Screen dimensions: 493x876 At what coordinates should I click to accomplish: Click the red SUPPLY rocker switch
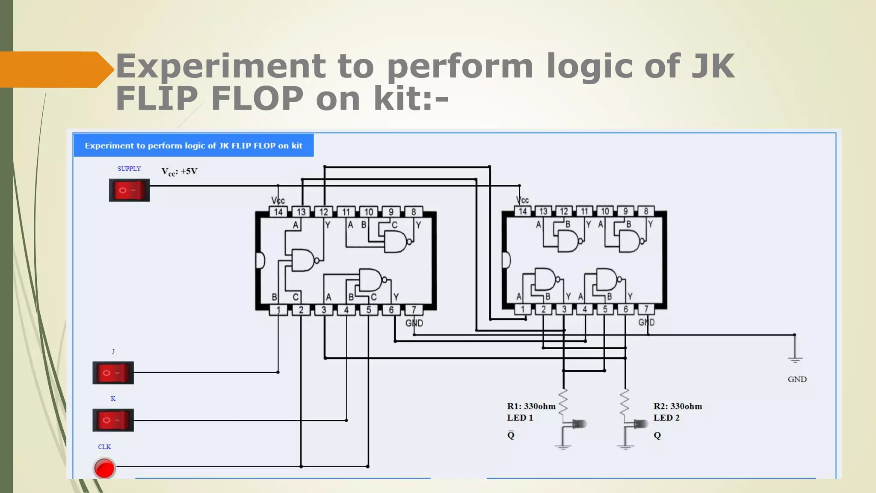point(129,190)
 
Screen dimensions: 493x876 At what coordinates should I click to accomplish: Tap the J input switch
point(113,373)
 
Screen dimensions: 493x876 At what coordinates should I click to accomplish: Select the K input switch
point(113,420)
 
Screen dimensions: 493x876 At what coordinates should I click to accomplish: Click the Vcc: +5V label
point(179,172)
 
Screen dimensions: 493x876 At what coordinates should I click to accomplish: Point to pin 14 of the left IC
point(278,212)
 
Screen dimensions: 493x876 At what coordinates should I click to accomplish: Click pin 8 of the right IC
point(646,211)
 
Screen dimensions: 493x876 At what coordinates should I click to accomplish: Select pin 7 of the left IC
point(414,309)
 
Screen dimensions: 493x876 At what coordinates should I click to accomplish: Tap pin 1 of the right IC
point(523,309)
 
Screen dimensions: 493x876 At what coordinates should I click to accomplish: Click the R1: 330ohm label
point(531,406)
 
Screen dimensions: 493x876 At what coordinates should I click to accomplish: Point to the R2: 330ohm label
point(678,406)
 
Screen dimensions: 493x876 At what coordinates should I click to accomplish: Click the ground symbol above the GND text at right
point(795,359)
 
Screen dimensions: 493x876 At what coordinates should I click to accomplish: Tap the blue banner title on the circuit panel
point(193,146)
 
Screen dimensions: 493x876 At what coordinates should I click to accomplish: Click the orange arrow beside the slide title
point(56,69)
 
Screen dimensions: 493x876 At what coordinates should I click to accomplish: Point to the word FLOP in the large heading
point(257,98)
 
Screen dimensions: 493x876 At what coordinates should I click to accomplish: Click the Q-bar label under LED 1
point(511,435)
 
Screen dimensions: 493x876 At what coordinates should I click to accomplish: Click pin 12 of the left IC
point(324,212)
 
